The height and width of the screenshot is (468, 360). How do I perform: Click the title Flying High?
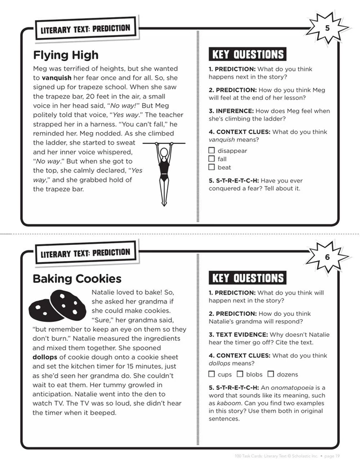point(65,55)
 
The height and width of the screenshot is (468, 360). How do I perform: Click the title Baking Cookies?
point(76,278)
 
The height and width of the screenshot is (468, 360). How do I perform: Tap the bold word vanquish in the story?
point(56,79)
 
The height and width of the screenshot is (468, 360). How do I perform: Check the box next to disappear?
point(212,151)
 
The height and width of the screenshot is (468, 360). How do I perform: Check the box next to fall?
point(212,159)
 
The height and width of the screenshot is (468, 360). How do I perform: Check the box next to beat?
point(212,167)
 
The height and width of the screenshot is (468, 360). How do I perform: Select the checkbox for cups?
point(212,374)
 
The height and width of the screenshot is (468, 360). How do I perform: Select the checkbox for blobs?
point(240,374)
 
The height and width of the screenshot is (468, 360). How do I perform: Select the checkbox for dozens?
point(271,374)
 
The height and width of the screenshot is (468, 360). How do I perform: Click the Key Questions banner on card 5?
point(247,55)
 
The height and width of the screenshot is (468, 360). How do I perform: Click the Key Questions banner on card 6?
point(247,278)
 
